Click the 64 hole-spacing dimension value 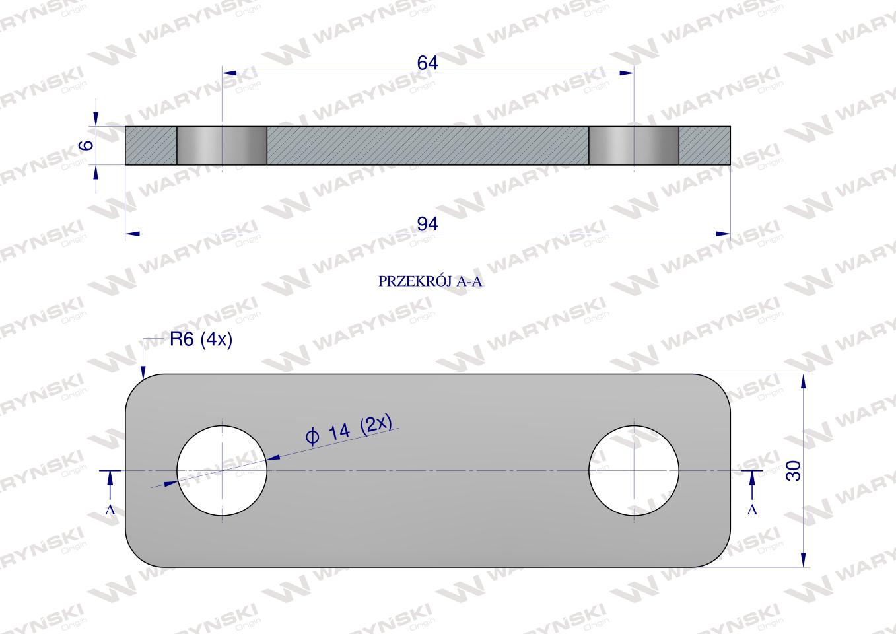(427, 63)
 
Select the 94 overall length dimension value (428, 224)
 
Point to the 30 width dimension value (794, 471)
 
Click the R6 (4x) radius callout (201, 340)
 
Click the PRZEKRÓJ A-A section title (430, 281)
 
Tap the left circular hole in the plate (222, 471)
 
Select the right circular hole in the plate (634, 471)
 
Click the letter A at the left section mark (110, 510)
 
